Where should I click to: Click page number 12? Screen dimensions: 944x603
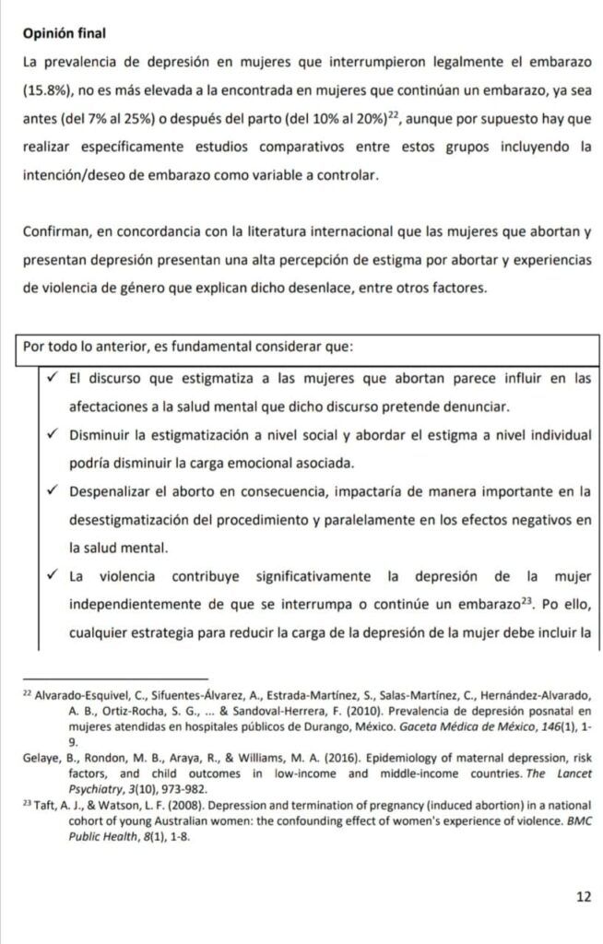(583, 895)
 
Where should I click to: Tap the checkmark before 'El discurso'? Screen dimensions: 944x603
(54, 377)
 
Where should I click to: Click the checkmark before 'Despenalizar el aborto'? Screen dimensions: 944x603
(54, 491)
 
